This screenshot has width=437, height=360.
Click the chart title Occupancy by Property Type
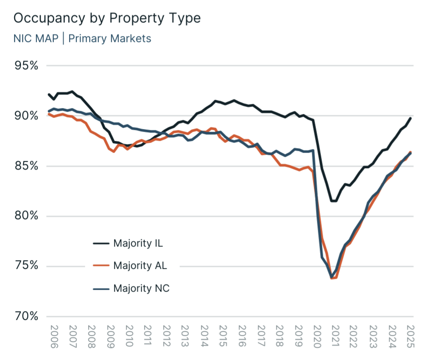[107, 19]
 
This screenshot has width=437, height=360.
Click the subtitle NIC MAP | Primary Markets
[82, 38]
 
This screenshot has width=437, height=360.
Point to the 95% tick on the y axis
[26, 66]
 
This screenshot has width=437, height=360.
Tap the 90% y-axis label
[26, 116]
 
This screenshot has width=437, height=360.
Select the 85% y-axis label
[26, 166]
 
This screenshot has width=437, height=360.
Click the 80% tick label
[26, 216]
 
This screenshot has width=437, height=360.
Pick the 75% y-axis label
[26, 266]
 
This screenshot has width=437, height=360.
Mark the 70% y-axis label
[26, 316]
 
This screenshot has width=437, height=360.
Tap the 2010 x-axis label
[129, 336]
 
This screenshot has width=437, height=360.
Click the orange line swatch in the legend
[101, 266]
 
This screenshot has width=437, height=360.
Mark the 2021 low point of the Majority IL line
[334, 201]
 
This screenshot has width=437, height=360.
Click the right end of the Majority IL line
[411, 118]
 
